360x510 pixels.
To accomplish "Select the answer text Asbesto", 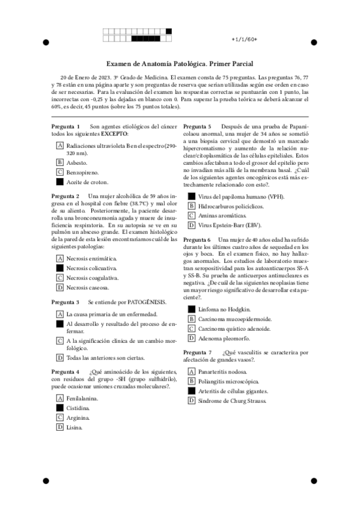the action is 77,162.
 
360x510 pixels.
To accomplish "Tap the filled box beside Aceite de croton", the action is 59,182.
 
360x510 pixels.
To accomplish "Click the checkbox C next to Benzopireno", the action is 59,172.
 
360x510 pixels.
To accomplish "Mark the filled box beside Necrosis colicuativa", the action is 59,268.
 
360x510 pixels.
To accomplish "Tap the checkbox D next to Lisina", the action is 59,427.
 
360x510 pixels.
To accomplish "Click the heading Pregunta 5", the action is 197,126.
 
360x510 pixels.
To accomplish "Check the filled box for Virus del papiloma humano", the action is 192,196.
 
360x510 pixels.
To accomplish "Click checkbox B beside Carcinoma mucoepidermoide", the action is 192,319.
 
